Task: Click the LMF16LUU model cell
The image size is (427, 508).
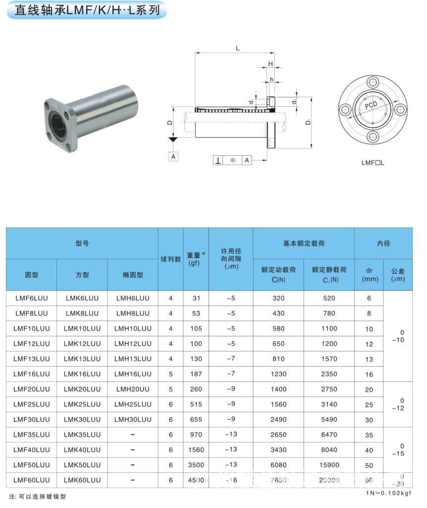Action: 32,374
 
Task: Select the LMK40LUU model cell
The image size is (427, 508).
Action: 82,450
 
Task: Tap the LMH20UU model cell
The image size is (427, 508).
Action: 133,389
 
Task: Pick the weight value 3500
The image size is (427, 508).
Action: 196,465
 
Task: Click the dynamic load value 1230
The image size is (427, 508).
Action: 278,374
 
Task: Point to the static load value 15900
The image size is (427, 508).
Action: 329,465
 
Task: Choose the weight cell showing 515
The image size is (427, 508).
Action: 196,405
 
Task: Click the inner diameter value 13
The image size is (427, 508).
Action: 369,359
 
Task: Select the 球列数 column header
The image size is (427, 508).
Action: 171,259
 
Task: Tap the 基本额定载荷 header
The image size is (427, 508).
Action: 304,244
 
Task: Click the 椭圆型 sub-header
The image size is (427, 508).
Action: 133,275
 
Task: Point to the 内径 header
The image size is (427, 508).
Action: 383,244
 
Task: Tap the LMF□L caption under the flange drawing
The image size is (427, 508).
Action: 373,162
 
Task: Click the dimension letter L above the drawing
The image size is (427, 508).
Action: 238,49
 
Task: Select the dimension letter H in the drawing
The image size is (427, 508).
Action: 270,64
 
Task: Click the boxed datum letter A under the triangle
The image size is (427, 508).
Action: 173,156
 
